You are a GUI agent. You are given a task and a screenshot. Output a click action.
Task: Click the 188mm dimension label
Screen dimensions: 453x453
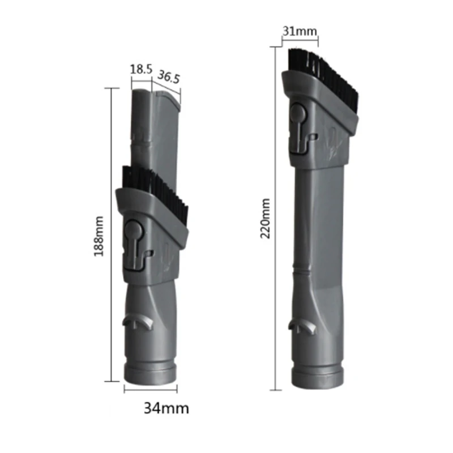click(99, 236)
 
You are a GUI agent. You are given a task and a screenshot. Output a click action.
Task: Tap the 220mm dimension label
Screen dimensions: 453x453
click(265, 219)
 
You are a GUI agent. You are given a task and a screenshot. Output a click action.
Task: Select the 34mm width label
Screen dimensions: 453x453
click(166, 408)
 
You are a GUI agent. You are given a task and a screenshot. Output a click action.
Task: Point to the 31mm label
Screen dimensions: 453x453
click(300, 31)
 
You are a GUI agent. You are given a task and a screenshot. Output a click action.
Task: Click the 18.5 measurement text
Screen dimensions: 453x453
click(141, 69)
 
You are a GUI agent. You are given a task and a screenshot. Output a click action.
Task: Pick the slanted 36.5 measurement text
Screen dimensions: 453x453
click(168, 77)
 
